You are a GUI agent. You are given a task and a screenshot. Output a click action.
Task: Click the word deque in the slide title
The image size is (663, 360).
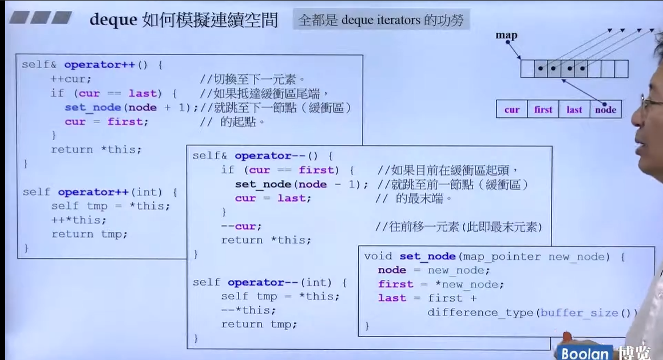click(113, 20)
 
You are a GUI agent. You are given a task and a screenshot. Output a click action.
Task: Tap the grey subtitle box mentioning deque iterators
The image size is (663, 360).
click(382, 20)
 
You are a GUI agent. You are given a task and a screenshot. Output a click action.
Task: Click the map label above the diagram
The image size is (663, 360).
click(506, 35)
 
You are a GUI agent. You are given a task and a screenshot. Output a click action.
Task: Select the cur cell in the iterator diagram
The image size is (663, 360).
click(512, 109)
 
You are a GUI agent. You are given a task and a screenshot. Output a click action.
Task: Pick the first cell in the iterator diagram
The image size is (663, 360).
click(543, 109)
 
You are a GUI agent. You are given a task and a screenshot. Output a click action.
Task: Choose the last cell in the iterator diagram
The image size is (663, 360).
click(574, 109)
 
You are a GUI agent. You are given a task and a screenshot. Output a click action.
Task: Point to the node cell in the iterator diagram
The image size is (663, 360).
click(605, 109)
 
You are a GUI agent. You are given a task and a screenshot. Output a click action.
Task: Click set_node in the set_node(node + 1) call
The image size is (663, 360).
click(93, 108)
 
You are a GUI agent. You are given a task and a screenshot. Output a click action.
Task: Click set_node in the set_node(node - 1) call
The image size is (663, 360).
click(263, 184)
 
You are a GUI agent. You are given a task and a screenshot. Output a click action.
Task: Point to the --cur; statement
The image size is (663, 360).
click(241, 226)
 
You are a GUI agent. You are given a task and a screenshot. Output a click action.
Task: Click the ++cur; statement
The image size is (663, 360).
click(71, 79)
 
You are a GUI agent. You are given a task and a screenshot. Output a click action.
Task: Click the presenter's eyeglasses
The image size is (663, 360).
click(651, 104)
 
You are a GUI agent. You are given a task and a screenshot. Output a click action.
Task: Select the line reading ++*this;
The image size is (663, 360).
click(79, 220)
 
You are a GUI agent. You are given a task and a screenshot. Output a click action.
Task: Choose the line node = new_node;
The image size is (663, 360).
click(434, 270)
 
